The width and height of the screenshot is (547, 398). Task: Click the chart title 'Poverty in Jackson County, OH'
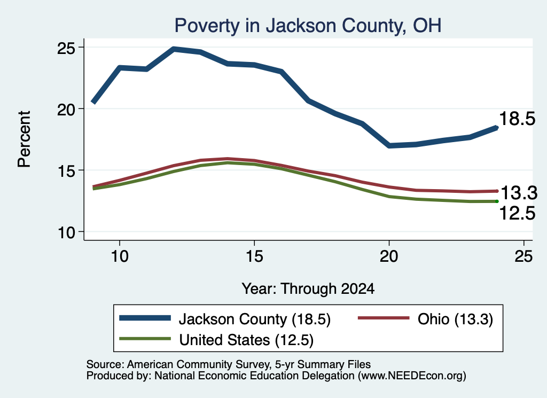click(308, 26)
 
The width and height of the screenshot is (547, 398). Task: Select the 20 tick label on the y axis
click(66, 110)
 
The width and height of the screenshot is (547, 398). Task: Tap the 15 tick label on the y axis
click(66, 171)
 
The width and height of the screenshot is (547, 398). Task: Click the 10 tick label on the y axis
click(66, 232)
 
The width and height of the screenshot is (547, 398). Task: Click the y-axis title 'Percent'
click(24, 139)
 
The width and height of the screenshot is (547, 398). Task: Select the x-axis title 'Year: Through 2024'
click(308, 289)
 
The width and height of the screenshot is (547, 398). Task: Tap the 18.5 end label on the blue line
click(517, 119)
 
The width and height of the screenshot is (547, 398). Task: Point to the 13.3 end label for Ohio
click(519, 193)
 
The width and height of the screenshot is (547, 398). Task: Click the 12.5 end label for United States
click(517, 213)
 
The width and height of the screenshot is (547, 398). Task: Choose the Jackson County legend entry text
click(255, 319)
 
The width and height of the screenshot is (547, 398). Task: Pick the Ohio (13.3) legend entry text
click(455, 319)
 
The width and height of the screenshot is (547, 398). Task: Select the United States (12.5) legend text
click(246, 340)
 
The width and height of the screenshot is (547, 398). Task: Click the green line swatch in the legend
click(145, 339)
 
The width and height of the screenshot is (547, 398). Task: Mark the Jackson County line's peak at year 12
click(174, 49)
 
